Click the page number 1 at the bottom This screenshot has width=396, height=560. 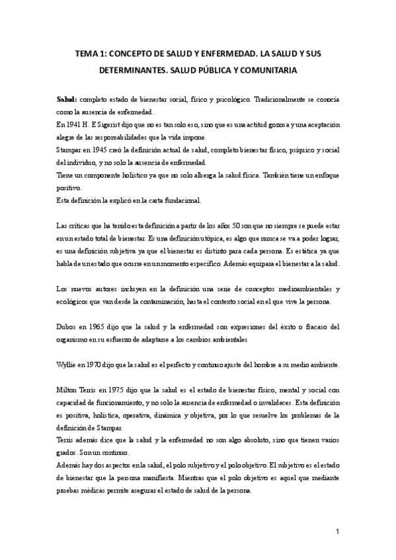pos(337,532)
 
